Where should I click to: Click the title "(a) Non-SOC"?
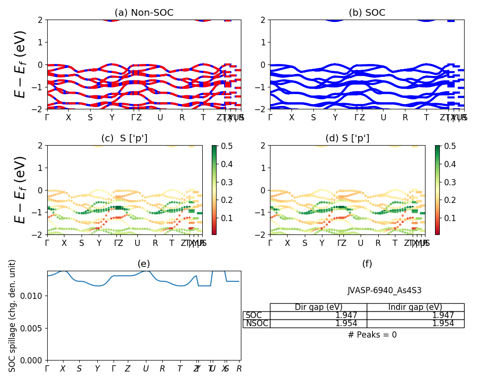(144, 13)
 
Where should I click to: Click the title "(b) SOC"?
(367, 13)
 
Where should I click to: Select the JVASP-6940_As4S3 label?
(384, 290)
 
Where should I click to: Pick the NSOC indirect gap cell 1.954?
(443, 324)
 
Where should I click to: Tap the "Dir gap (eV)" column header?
(318, 308)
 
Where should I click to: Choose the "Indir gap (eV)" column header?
(415, 308)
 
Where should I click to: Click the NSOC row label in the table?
(257, 324)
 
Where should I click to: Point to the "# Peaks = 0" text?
(372, 335)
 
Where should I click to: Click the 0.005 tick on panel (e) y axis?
(33, 328)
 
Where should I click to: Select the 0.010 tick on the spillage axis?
(33, 296)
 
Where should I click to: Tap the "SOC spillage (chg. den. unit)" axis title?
(12, 316)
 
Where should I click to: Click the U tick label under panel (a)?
(160, 117)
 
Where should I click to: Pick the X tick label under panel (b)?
(291, 117)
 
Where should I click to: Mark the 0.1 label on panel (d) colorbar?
(449, 218)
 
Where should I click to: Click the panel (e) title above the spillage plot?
(144, 264)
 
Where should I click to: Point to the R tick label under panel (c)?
(155, 243)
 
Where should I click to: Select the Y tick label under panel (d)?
(322, 243)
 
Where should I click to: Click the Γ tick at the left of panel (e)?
(47, 369)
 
